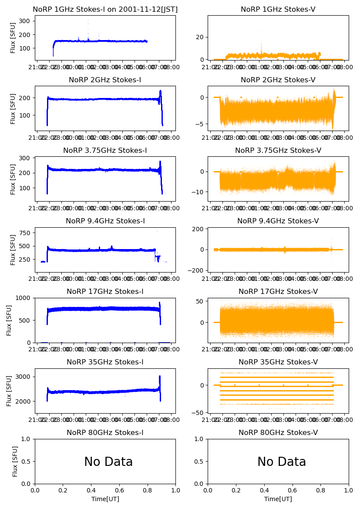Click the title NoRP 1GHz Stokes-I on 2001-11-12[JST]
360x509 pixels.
click(105, 9)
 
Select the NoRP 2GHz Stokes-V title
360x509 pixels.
click(278, 80)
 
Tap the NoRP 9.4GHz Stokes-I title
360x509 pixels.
click(105, 221)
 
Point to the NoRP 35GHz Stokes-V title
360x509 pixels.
click(278, 362)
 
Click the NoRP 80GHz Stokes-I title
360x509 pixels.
click(105, 432)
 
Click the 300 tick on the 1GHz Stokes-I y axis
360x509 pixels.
click(26, 21)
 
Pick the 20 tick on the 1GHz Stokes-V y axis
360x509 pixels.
click(201, 37)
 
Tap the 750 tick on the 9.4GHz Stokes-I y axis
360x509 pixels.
click(26, 233)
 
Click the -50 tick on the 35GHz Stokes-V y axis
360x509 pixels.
click(199, 412)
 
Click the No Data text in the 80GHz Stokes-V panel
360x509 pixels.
click(281, 462)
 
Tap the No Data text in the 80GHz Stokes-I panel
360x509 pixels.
click(108, 462)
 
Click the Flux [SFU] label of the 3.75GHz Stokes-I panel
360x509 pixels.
click(13, 179)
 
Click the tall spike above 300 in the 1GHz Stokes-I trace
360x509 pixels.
click(88, 20)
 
